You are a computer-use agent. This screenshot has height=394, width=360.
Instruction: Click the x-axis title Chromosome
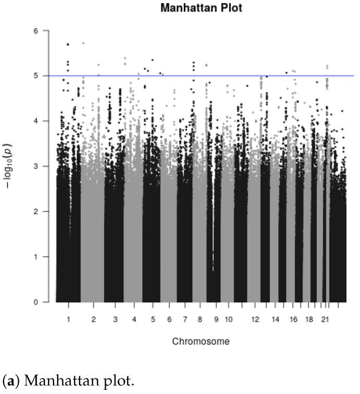pyautogui.click(x=201, y=341)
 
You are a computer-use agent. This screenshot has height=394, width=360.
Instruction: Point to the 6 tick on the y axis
pyautogui.click(x=35, y=31)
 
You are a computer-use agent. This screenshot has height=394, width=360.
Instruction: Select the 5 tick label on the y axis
pyautogui.click(x=35, y=75)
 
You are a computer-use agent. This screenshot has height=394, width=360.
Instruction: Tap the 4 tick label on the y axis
pyautogui.click(x=35, y=121)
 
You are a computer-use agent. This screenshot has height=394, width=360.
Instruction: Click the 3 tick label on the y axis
pyautogui.click(x=35, y=166)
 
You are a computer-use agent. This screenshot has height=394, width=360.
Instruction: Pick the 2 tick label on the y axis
pyautogui.click(x=35, y=211)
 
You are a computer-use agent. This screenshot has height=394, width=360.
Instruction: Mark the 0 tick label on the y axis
pyautogui.click(x=35, y=302)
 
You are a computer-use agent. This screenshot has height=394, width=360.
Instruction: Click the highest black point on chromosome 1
pyautogui.click(x=68, y=44)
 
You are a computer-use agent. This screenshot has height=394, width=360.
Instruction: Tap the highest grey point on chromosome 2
pyautogui.click(x=83, y=43)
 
